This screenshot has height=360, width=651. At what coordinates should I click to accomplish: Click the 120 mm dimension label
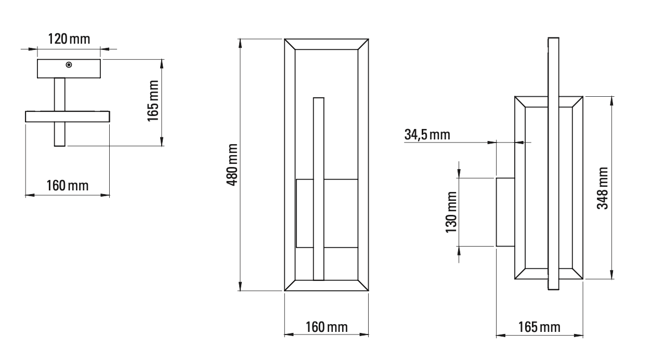[69, 39]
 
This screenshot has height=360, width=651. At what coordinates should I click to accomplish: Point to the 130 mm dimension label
[451, 212]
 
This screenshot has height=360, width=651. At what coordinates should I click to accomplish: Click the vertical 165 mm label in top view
[152, 101]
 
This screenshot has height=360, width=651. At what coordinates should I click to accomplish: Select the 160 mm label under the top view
[67, 185]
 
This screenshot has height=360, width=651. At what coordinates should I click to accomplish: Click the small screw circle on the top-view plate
[69, 65]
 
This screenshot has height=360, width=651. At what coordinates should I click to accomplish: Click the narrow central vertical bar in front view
[318, 188]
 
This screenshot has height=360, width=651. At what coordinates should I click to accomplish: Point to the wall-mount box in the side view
[505, 212]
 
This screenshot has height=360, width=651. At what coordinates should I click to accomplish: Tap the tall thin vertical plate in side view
[553, 163]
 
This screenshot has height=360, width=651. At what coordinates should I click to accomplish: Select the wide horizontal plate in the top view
[67, 116]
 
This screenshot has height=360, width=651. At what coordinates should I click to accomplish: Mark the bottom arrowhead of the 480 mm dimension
[241, 286]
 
